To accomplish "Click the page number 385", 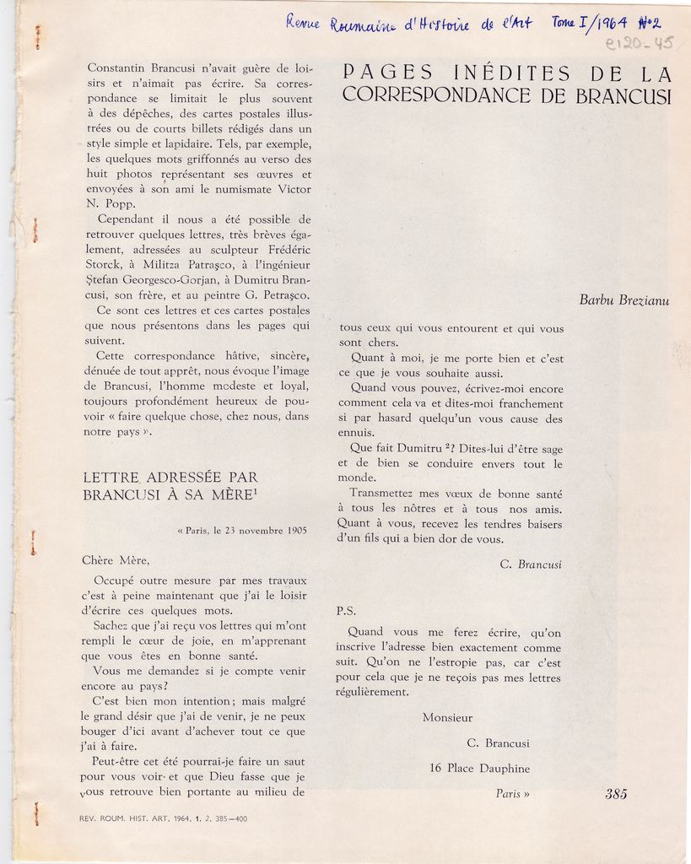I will click(616, 793).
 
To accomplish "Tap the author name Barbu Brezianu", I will click(624, 300).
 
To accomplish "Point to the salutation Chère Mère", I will click(116, 559).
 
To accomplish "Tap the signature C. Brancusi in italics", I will click(530, 564).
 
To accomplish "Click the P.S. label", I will click(346, 610).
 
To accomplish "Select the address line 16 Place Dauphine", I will click(479, 769).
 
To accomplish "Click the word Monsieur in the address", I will click(447, 717).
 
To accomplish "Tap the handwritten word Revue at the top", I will click(302, 22).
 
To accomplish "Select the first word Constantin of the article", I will click(118, 67).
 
